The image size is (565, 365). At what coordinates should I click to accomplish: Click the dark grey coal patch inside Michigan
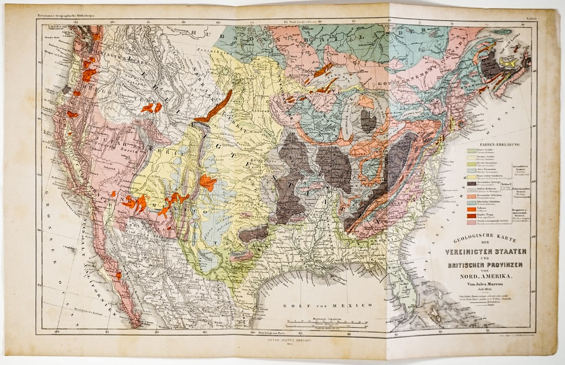(368, 121)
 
